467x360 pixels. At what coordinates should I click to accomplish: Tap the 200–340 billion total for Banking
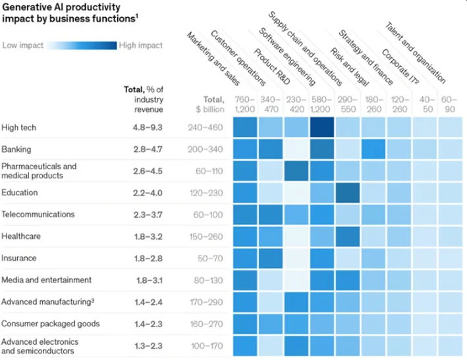click(205, 149)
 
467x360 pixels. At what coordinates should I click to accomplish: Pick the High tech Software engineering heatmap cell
click(321, 127)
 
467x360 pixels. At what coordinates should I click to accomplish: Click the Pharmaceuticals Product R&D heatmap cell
click(296, 170)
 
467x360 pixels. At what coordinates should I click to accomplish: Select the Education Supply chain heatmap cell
click(348, 192)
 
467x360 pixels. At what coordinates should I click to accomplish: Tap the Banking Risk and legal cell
click(373, 149)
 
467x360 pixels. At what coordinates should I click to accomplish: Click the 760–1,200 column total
click(245, 103)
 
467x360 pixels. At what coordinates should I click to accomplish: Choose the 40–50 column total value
click(425, 103)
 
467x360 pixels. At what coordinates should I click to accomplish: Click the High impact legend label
click(141, 45)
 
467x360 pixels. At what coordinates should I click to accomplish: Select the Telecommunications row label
click(38, 215)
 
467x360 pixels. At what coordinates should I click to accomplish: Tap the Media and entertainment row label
click(46, 280)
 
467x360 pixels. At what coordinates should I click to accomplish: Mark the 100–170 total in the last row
click(205, 346)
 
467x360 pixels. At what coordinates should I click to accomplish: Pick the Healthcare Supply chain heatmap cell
click(348, 236)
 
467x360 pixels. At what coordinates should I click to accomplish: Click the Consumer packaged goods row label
click(50, 324)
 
